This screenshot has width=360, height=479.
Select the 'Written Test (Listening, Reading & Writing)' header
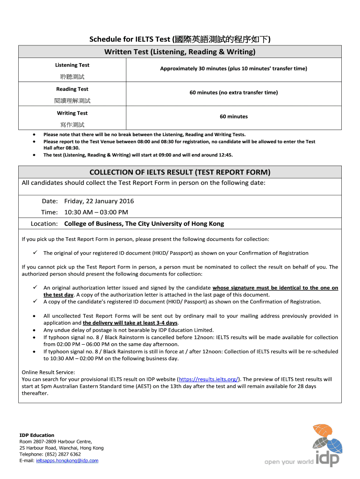(180, 52)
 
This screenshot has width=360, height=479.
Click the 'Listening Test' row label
(72, 65)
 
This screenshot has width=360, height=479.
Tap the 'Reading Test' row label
(72, 89)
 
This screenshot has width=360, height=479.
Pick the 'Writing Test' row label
(72, 113)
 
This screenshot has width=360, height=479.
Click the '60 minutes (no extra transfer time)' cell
(233, 93)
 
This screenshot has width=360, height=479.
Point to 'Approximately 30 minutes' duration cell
(233, 69)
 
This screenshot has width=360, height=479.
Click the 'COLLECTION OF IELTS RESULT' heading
(180, 172)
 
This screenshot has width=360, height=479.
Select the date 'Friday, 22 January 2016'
(99, 201)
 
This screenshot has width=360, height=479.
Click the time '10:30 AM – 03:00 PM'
(96, 212)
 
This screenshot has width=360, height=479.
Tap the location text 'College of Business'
(144, 224)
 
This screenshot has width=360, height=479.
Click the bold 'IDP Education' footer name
(36, 435)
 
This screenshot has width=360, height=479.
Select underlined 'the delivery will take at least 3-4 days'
(130, 323)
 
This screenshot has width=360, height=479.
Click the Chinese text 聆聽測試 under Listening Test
(72, 77)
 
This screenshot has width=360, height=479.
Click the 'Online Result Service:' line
(48, 372)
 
